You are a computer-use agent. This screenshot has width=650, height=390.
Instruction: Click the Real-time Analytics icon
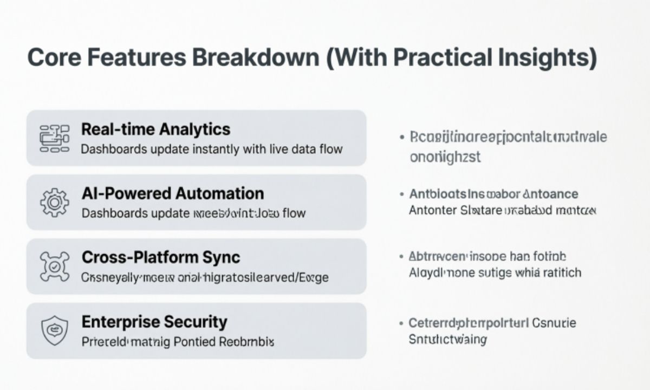[55, 138]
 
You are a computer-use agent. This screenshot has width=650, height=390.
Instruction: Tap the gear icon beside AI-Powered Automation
[55, 203]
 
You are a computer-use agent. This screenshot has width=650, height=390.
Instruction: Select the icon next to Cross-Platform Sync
[55, 266]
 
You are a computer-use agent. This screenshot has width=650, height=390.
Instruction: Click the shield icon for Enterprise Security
[55, 331]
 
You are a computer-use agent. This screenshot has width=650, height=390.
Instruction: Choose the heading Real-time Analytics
[155, 129]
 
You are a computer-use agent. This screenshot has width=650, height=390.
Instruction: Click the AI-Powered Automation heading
[173, 193]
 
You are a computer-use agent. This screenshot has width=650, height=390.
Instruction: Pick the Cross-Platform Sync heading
[161, 257]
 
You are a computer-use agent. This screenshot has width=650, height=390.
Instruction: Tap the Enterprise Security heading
[154, 322]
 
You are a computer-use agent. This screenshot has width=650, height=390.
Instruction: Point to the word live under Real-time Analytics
[278, 149]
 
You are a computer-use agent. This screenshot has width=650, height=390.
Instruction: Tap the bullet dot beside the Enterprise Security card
[401, 324]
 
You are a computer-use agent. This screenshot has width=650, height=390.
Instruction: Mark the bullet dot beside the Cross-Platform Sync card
[401, 257]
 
